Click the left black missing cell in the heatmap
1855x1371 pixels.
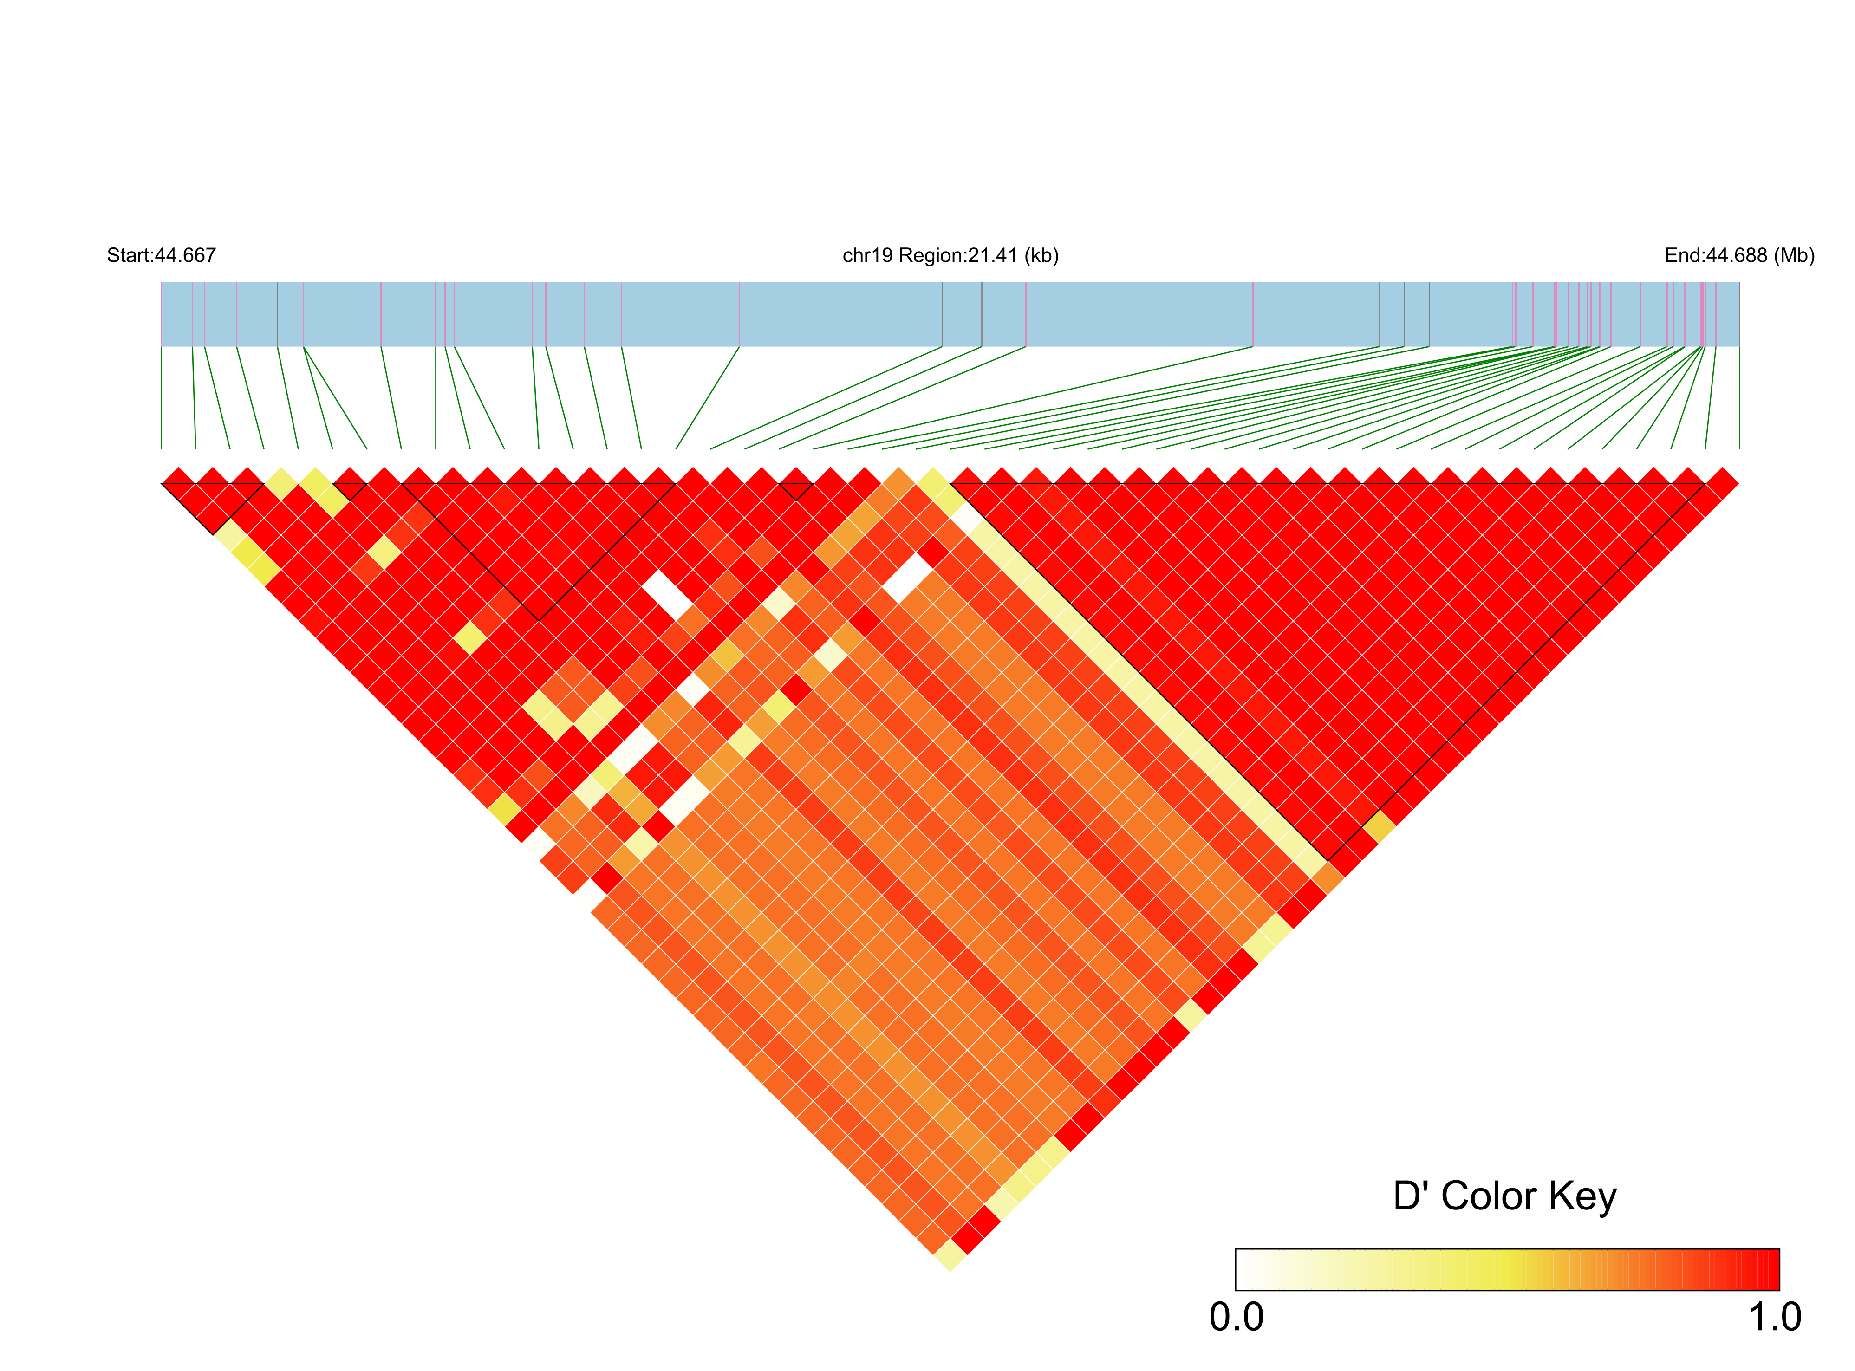point(666,595)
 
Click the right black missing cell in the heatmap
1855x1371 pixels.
point(907,578)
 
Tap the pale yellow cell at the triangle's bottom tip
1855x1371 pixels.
point(950,1256)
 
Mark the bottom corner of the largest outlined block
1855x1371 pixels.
point(1328,861)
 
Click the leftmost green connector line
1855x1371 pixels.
point(161,398)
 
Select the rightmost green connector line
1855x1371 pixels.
point(1739,398)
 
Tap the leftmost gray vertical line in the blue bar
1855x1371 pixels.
point(277,314)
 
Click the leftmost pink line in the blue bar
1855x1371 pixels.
point(193,314)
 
